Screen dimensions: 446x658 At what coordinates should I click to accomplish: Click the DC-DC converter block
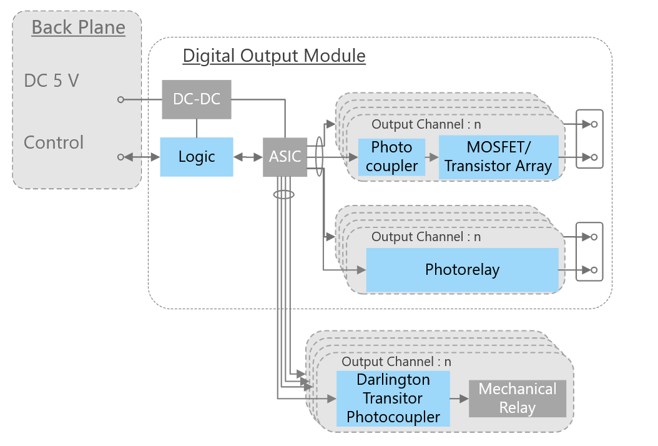(196, 99)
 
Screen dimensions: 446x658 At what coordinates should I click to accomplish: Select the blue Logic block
(196, 157)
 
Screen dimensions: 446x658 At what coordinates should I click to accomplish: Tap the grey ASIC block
(285, 157)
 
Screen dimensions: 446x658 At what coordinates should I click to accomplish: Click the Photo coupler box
(391, 157)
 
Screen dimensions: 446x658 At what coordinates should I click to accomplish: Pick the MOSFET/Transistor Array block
(498, 157)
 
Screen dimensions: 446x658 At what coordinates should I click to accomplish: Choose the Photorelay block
(462, 270)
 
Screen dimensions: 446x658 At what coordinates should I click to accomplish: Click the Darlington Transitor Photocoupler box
(393, 399)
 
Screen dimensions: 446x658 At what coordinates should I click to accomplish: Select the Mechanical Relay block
(517, 399)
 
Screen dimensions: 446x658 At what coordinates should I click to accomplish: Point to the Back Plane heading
(78, 28)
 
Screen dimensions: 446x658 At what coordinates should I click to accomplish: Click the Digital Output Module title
(273, 56)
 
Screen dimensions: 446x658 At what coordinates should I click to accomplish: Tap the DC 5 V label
(51, 81)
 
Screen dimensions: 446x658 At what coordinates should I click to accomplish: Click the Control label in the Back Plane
(54, 142)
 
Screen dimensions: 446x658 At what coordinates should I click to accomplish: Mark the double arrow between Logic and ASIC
(248, 157)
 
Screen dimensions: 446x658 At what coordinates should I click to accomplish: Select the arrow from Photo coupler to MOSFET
(431, 157)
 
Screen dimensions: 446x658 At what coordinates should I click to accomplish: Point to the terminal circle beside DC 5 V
(120, 99)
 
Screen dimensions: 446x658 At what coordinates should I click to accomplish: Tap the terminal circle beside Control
(120, 157)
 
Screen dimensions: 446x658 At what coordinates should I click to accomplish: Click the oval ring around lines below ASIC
(283, 195)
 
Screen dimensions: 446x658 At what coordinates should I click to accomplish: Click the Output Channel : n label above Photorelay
(426, 237)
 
